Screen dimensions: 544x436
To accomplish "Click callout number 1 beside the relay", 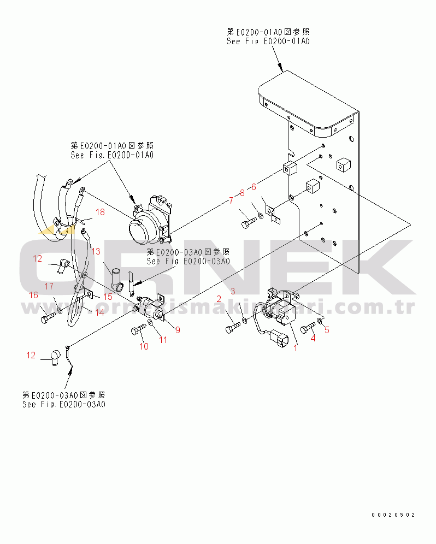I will point(296,347).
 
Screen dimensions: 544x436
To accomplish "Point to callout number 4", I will point(313,338).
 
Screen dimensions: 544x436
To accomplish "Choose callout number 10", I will point(144,346).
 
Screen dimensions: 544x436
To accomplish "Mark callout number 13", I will point(96,251).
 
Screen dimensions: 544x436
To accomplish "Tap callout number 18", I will point(100,211).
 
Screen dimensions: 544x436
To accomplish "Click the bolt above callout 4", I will point(308,327).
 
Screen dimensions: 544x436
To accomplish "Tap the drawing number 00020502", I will point(393,515).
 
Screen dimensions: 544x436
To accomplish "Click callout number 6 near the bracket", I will point(253,187).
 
